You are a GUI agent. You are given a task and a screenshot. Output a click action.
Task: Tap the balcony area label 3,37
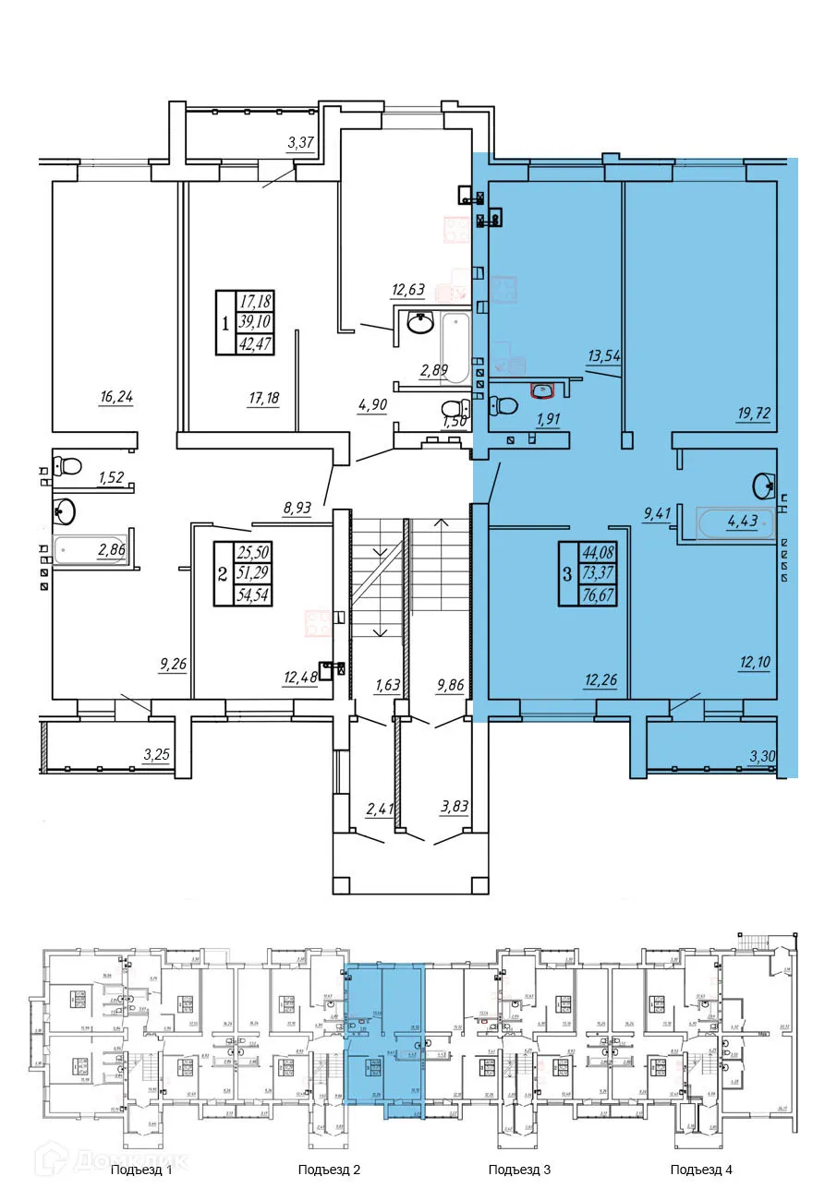pos(302,142)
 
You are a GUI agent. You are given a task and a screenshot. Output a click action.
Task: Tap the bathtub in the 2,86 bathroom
pos(88,553)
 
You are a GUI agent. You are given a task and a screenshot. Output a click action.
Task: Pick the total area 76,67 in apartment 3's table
pos(600,596)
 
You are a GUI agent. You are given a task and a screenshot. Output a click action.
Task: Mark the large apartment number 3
pos(566,574)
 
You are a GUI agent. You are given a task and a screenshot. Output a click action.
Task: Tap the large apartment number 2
pos(221,574)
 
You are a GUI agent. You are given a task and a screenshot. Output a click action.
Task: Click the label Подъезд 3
pos(519,1170)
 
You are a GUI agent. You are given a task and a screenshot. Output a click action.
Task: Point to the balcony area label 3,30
pos(762,758)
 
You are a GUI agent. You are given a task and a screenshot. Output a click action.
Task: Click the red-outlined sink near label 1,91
pos(541,390)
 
